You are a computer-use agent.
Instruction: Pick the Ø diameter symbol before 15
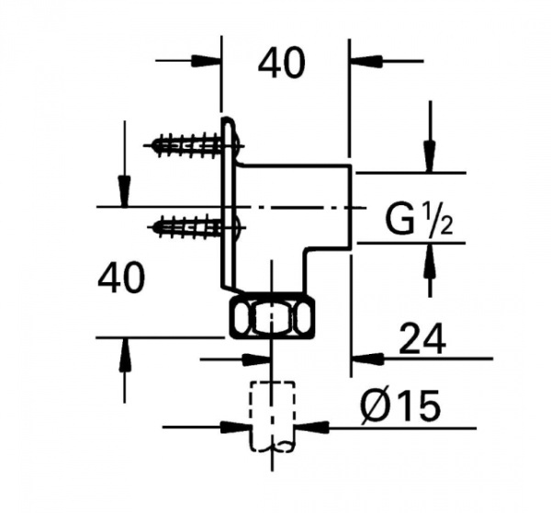377,405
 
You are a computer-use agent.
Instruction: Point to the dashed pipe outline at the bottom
272,414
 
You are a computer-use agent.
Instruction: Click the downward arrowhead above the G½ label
428,156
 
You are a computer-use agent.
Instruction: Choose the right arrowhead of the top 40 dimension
364,61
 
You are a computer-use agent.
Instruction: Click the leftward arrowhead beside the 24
365,355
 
